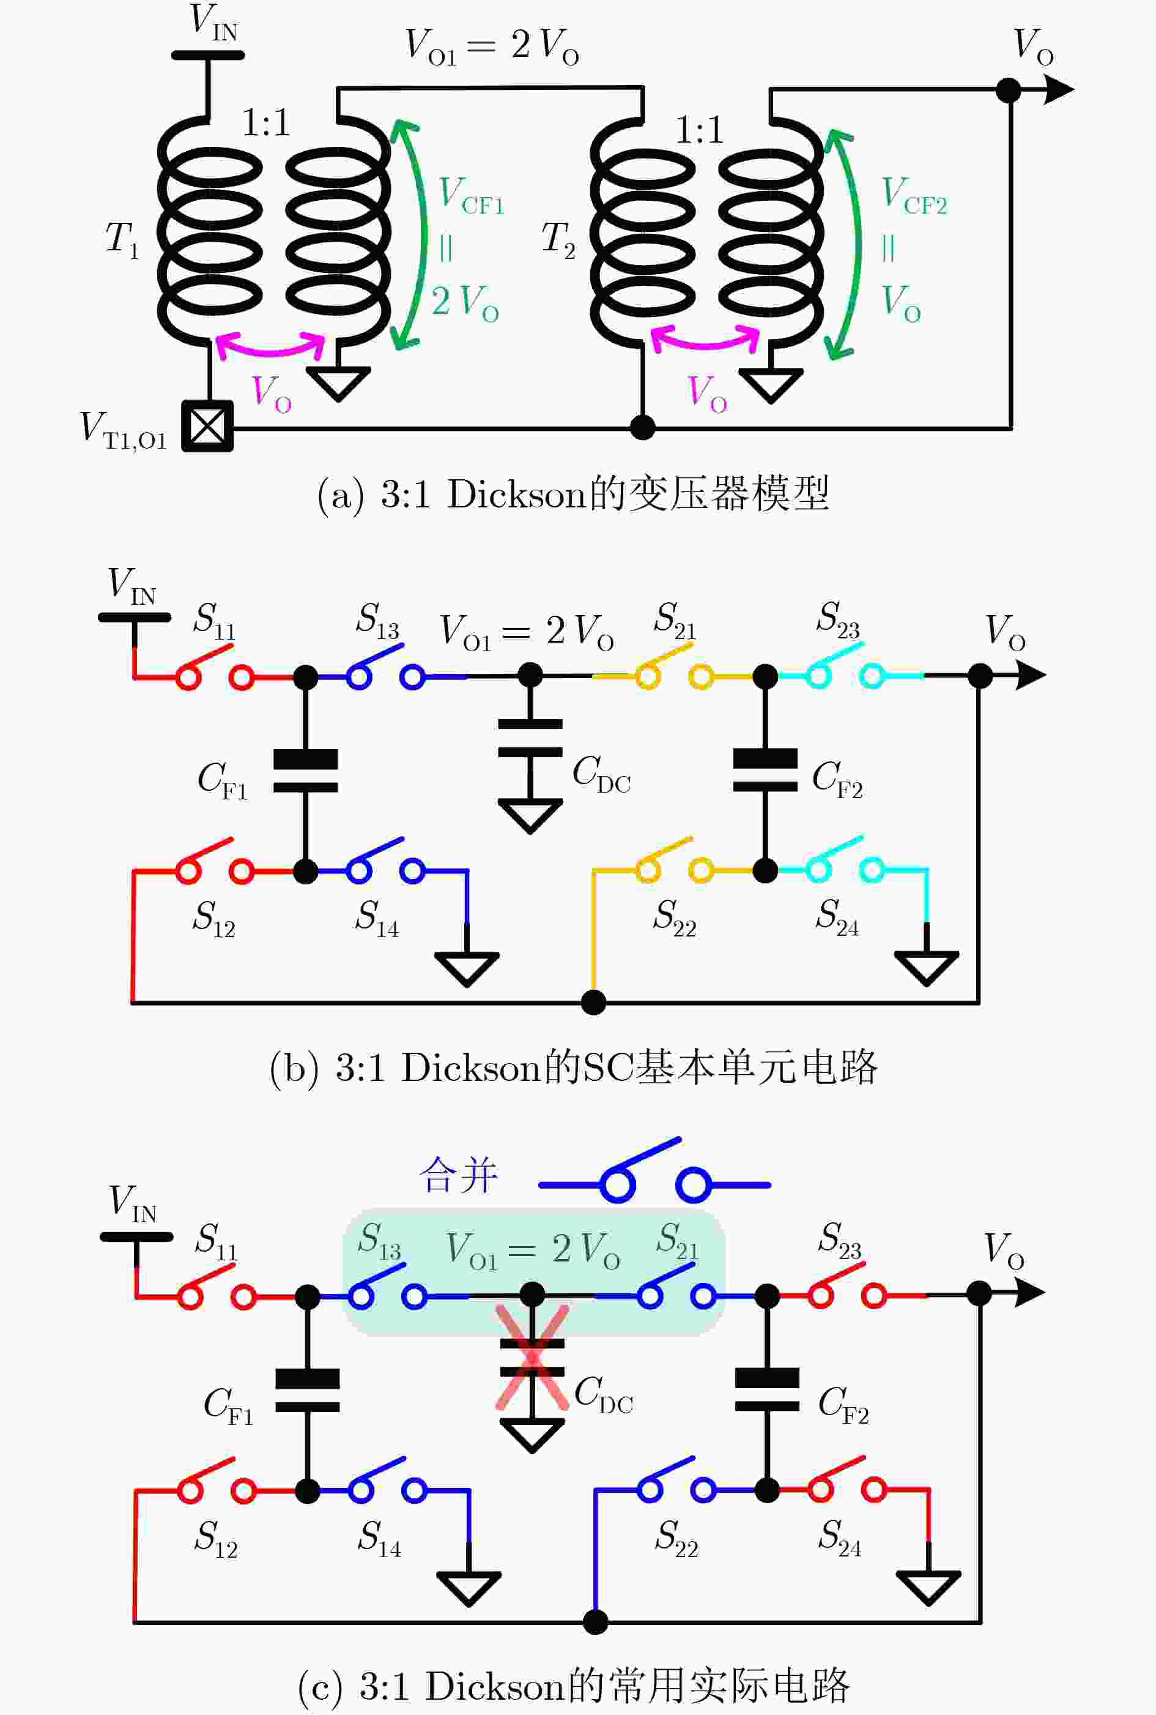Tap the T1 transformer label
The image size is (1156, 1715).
122,240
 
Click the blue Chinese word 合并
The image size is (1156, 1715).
459,1175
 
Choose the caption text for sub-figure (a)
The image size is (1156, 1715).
574,493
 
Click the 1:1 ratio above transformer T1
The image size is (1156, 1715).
266,122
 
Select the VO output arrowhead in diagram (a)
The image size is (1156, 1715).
1059,90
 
